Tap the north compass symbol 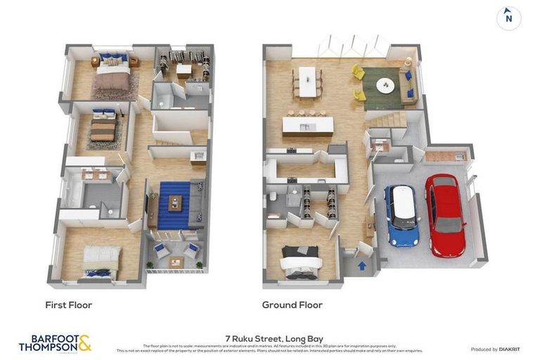click(508, 18)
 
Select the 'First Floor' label click(68, 305)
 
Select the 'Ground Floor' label click(292, 305)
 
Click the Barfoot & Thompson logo click(55, 343)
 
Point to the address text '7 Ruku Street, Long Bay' click(269, 338)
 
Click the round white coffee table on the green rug click(385, 85)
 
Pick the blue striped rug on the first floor click(173, 204)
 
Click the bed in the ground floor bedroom click(301, 261)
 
